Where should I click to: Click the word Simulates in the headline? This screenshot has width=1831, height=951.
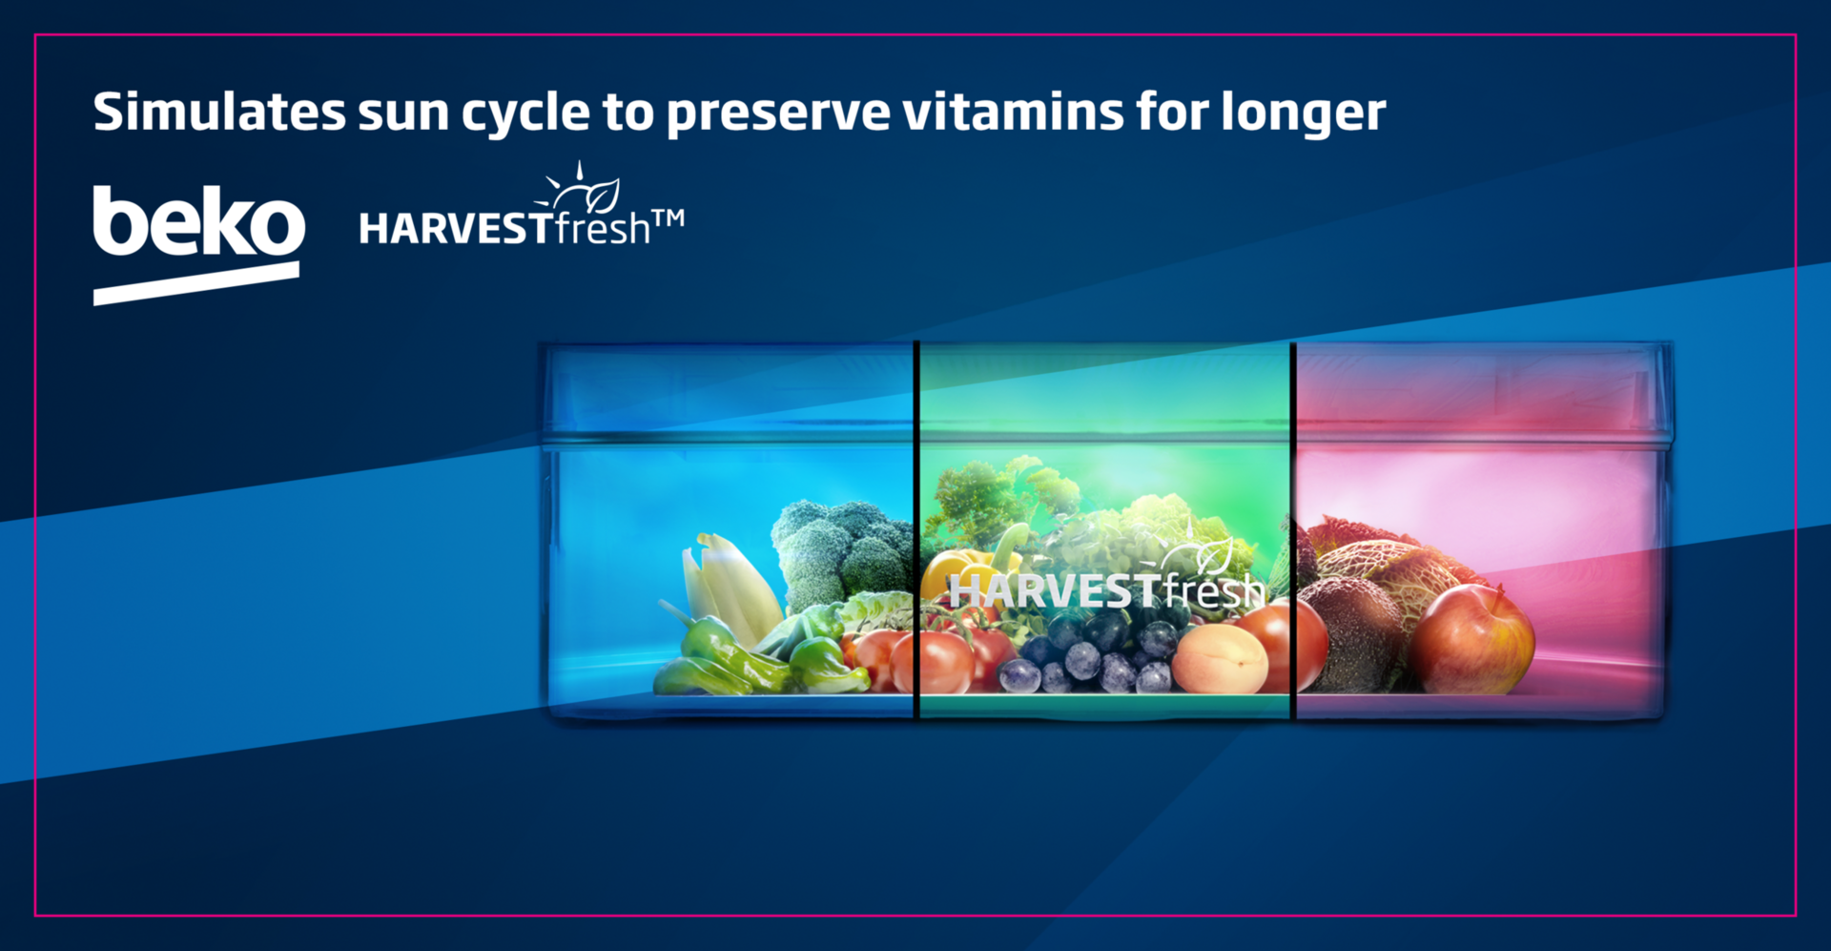click(x=219, y=112)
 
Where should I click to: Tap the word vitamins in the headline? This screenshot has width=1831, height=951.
click(x=1012, y=112)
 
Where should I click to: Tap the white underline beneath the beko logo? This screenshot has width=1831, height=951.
click(x=196, y=283)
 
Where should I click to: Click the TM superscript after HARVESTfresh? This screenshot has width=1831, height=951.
click(x=669, y=219)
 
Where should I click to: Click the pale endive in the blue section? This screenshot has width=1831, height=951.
click(x=730, y=587)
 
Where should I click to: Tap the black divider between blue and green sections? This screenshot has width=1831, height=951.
click(x=916, y=529)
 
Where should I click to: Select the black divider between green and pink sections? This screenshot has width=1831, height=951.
click(x=1293, y=529)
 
